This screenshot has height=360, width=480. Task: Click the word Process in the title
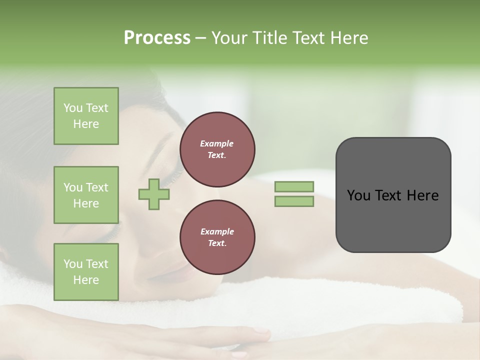coord(157,38)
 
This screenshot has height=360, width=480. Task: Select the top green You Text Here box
coord(86,116)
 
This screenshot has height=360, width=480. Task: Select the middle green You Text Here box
coord(86,195)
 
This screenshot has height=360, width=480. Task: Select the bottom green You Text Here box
coord(86,271)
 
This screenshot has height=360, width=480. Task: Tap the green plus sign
coord(154,194)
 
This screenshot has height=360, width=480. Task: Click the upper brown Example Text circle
coord(217,149)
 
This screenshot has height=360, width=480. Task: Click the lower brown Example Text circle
coord(217,237)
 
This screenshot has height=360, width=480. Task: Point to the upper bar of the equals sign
coord(294,186)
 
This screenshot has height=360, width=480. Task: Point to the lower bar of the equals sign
coord(294,201)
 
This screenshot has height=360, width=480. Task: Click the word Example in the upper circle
coord(216,143)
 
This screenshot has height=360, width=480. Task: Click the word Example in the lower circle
coord(216,231)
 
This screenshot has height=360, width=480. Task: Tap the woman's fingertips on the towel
coord(260,334)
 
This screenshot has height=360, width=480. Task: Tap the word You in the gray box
coord(358,195)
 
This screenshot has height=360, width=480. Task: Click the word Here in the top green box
coord(86,124)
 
